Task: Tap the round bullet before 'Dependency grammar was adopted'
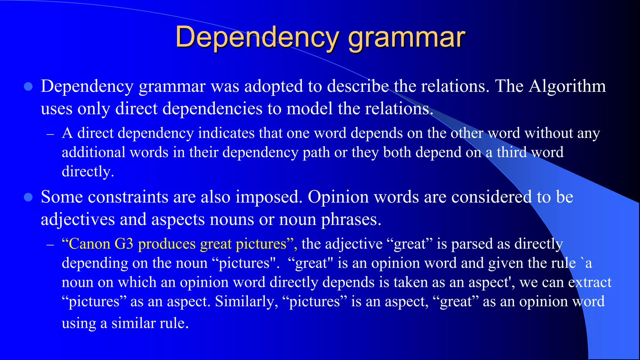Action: pos(28,87)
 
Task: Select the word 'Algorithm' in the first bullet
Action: pos(567,86)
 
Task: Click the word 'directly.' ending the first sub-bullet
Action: pos(88,172)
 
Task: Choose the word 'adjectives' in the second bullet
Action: pos(78,219)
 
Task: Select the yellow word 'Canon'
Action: pos(89,244)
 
